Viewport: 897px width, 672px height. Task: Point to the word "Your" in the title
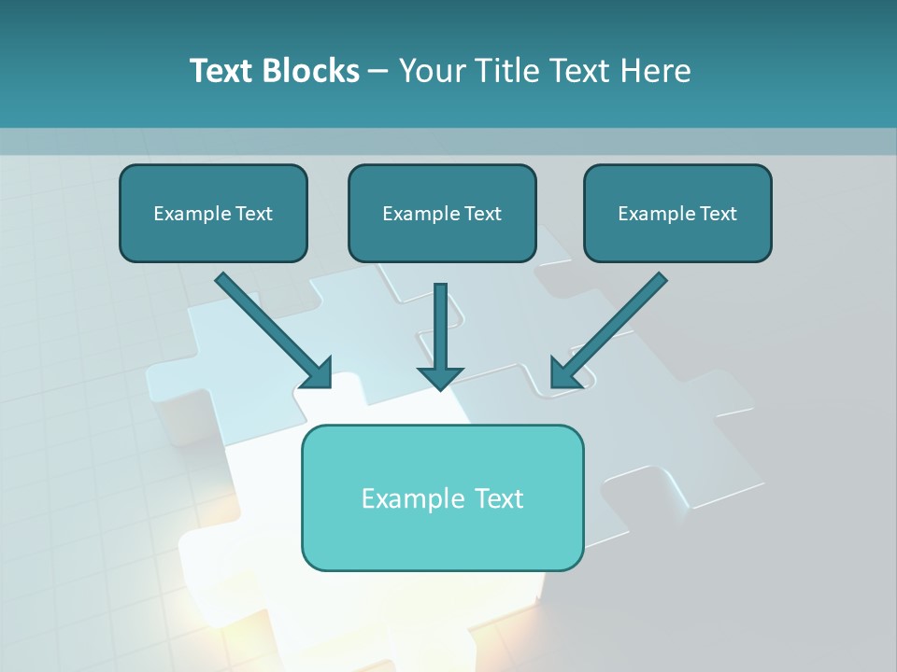(430, 71)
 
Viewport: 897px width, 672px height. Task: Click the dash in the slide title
(378, 71)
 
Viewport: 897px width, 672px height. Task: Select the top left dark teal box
(213, 213)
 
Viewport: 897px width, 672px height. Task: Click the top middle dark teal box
(442, 213)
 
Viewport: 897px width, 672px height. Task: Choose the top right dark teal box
(677, 213)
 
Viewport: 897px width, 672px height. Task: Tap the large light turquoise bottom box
(442, 497)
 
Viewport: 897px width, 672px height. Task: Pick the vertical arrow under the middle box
(441, 327)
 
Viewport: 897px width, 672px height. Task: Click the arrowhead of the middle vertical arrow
(441, 376)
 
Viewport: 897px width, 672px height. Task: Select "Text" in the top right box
(718, 214)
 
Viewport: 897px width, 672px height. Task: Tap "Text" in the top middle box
(482, 214)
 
